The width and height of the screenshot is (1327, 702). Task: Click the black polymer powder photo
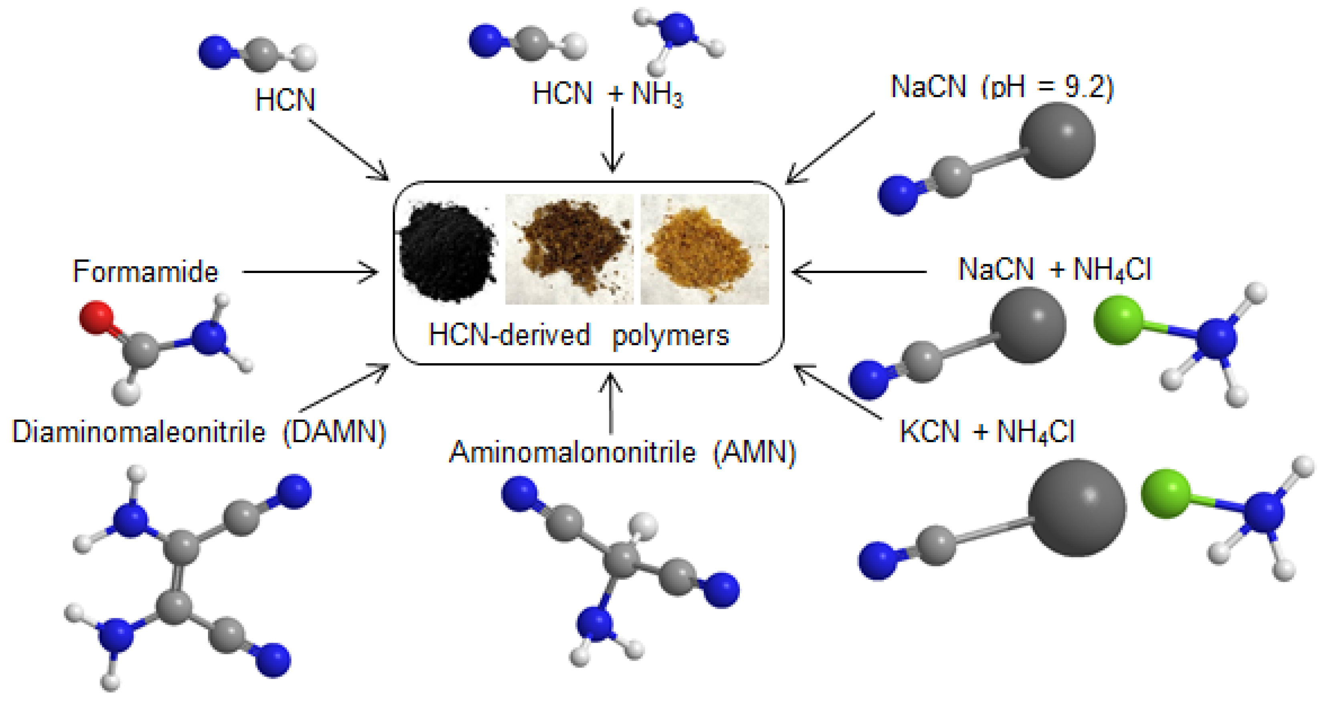pos(447,251)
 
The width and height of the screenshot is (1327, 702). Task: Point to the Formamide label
pos(145,272)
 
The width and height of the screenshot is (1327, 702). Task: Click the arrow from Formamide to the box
pos(309,272)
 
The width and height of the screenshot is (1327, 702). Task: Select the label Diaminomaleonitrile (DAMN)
pos(199,431)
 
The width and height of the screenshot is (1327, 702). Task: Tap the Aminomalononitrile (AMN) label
pos(622,453)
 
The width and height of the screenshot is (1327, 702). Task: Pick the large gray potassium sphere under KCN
pos(1077,508)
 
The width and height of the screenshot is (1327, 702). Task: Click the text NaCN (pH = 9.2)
pos(1002,86)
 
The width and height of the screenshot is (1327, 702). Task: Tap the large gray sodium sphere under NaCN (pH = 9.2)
pos(1057,140)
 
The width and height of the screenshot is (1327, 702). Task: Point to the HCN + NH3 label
pos(608,94)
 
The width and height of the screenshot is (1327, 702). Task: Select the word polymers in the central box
pos(670,336)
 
